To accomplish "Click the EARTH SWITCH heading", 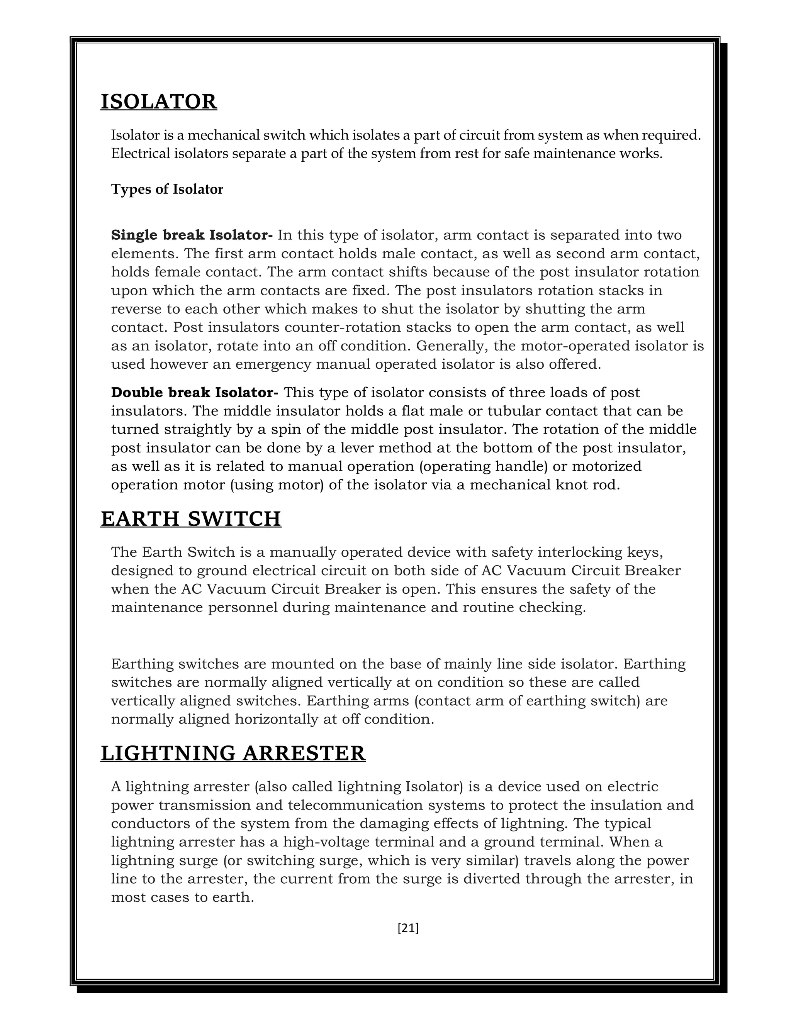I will (x=191, y=518).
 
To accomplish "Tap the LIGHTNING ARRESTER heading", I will (x=233, y=753).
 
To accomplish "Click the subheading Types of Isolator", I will (x=167, y=189).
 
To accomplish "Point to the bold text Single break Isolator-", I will (x=192, y=235).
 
